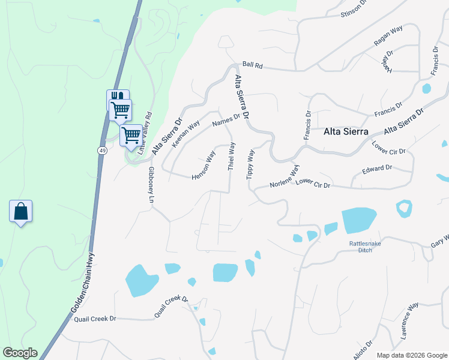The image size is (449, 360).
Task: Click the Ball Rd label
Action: point(253,65)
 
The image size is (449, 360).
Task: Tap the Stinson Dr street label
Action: point(353,8)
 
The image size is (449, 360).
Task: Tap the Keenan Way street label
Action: point(185,135)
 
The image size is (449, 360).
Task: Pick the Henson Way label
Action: point(203,165)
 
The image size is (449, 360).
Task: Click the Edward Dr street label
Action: point(376,170)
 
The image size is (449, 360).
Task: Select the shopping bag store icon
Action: point(20,211)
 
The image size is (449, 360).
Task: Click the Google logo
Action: point(20,353)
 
